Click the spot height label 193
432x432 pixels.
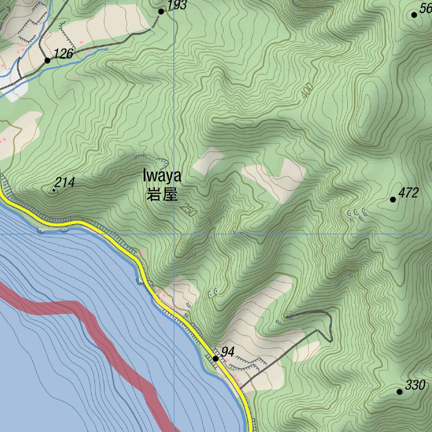coord(177,5)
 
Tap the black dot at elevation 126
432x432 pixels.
coord(47,61)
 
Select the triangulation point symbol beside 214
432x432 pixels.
coord(54,190)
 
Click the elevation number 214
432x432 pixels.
coord(65,182)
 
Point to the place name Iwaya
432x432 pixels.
coord(162,175)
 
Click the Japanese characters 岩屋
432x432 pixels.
coord(162,195)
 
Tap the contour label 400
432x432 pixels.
coord(308,91)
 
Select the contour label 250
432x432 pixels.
coord(188,210)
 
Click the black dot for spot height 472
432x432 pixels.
coord(393,200)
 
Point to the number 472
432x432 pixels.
coord(408,193)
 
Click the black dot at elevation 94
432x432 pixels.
coord(215,359)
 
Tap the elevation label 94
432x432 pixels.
coord(228,351)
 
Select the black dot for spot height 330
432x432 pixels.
coord(400,392)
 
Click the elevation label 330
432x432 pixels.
coord(415,385)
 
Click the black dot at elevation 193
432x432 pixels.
coord(161,11)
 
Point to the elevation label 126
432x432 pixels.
coord(64,54)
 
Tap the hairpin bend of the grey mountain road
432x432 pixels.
coord(330,338)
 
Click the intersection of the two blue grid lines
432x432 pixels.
coord(174,234)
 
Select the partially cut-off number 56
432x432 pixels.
coord(425,8)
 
